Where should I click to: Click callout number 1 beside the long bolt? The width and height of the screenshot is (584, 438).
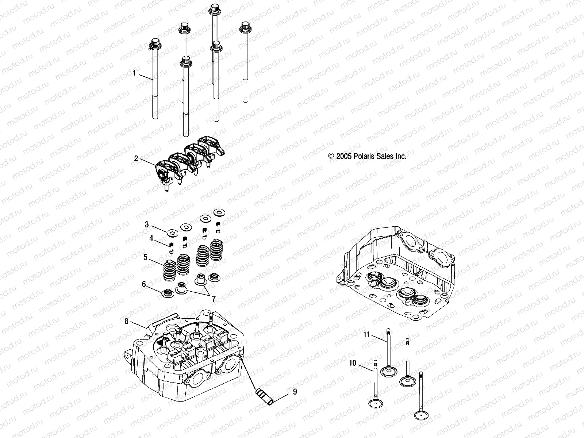coord(134,73)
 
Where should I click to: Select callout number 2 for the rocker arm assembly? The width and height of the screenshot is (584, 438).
coord(136,158)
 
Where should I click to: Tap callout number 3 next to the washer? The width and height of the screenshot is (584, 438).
coord(147,224)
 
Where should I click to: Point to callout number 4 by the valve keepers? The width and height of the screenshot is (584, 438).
coord(151,239)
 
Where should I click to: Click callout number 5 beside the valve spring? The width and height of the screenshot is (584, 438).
coord(145,257)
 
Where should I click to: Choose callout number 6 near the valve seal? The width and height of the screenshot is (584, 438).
coord(144,284)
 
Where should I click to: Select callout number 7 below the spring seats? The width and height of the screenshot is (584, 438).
coord(213,299)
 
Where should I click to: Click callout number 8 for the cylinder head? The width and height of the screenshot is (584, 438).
coord(126,321)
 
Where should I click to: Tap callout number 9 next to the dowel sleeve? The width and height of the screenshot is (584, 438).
coord(295,392)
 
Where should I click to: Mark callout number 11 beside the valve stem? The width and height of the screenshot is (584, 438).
coord(366,334)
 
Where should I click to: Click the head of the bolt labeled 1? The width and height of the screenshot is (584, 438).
coord(155,43)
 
